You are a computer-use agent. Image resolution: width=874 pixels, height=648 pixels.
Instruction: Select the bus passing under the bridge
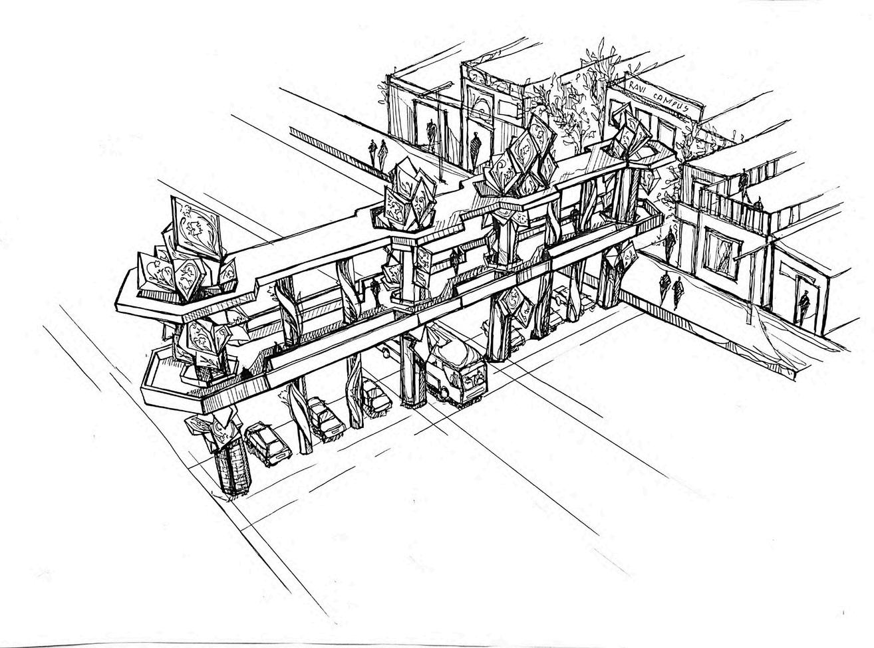(x=458, y=376)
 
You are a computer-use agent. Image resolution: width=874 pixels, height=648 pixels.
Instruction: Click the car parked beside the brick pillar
(x=267, y=443)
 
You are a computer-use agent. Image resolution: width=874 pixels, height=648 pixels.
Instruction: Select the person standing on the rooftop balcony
(x=743, y=181)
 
